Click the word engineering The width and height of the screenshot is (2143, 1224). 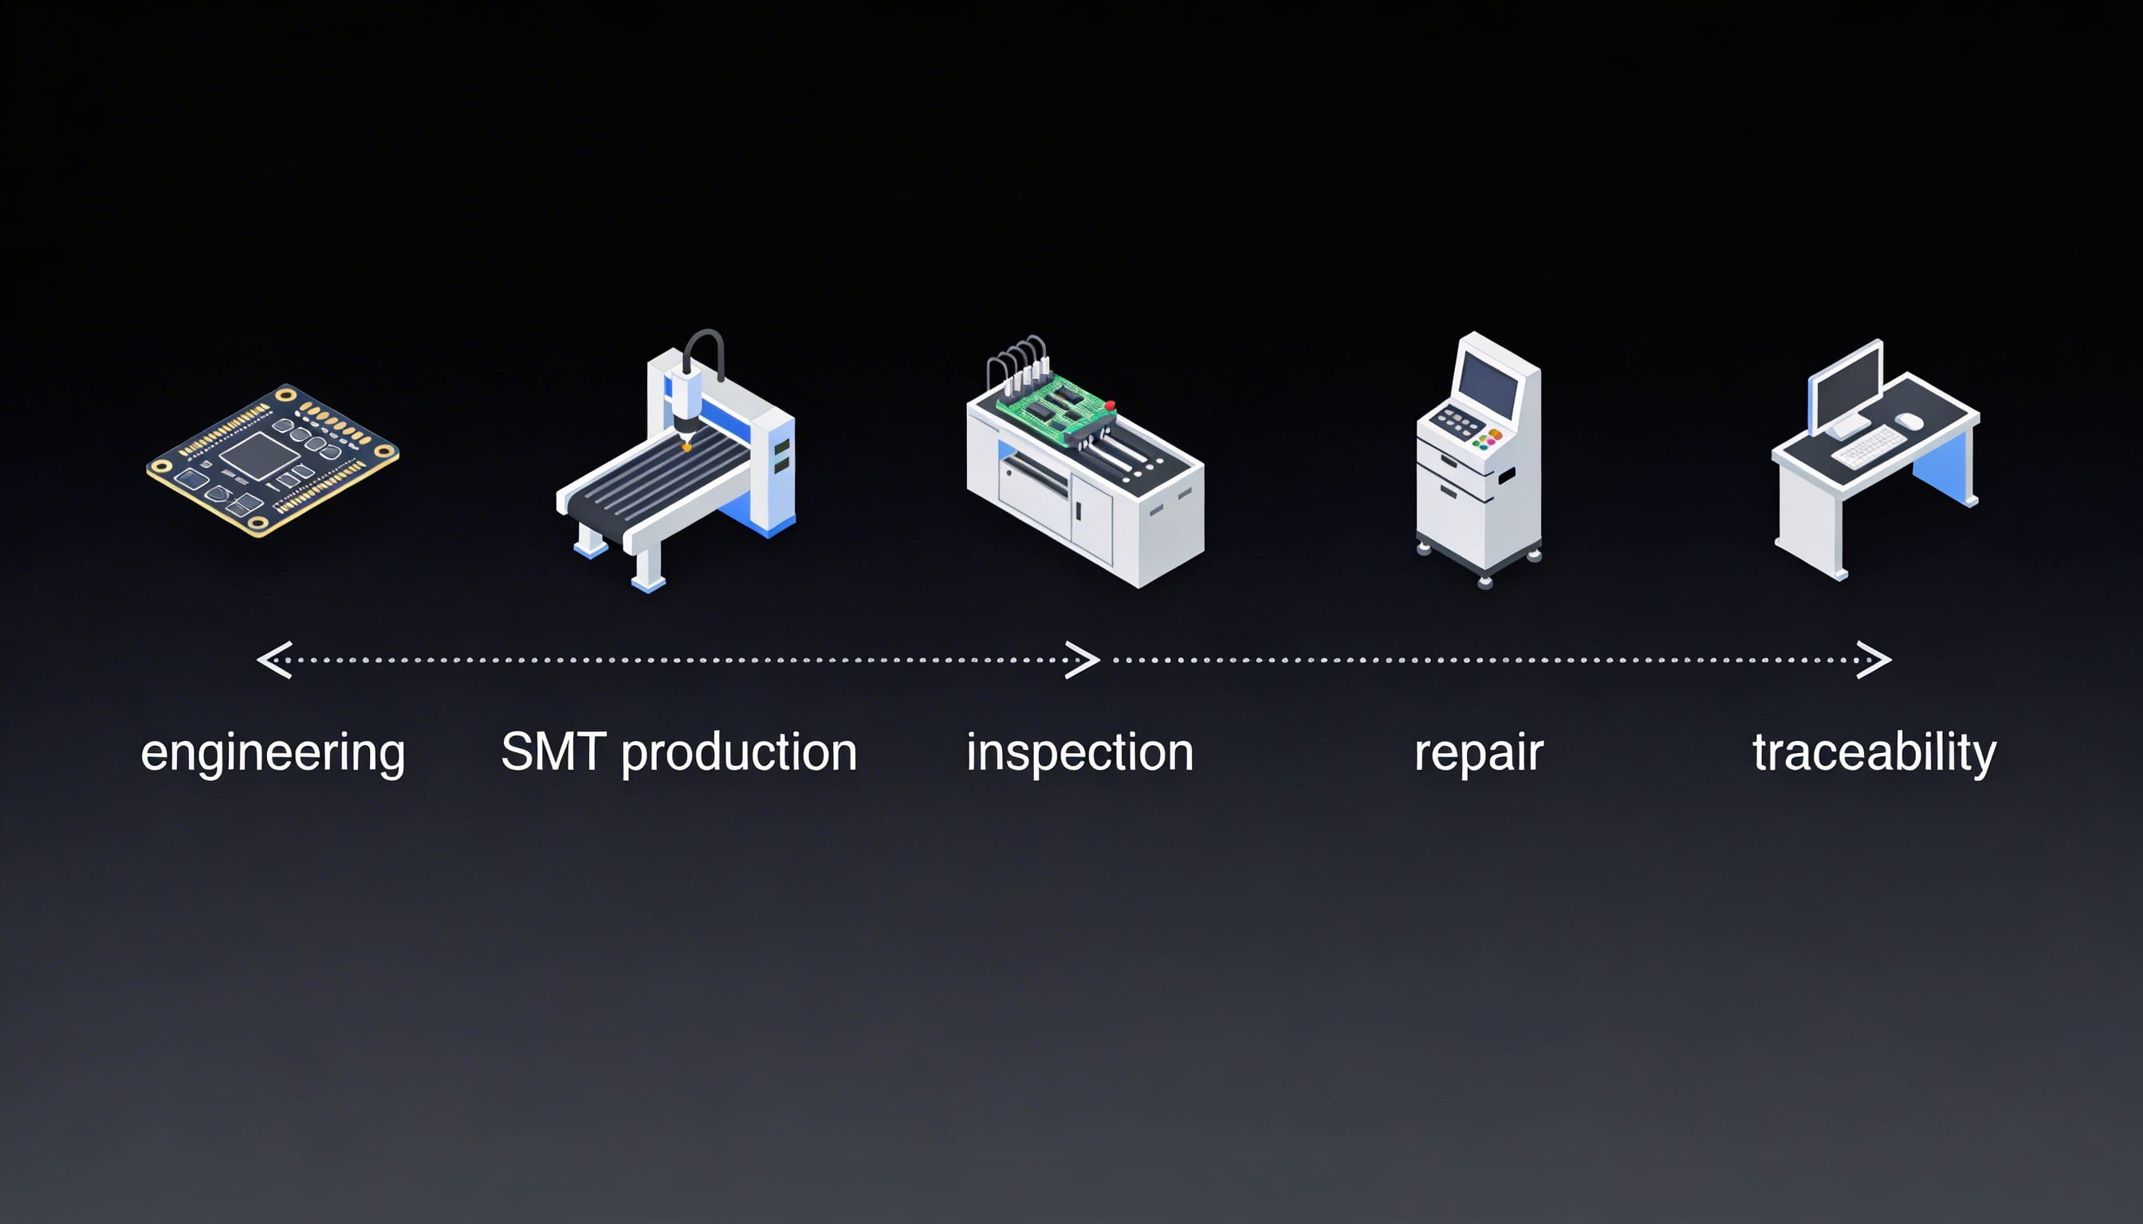pyautogui.click(x=273, y=752)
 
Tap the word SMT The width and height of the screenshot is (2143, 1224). pyautogui.click(x=552, y=751)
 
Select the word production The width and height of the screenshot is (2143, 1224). pyautogui.click(x=738, y=752)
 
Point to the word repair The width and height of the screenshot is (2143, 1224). pyautogui.click(x=1479, y=753)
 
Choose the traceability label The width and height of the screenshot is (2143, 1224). pyautogui.click(x=1874, y=753)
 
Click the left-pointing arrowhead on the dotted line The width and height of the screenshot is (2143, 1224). pyautogui.click(x=274, y=660)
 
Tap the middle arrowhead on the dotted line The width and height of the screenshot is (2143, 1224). pyautogui.click(x=1083, y=660)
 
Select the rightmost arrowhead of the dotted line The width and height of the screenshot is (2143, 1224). pyautogui.click(x=1874, y=660)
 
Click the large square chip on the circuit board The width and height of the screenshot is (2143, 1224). pyautogui.click(x=259, y=457)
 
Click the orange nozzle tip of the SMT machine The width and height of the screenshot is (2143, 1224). pyautogui.click(x=686, y=446)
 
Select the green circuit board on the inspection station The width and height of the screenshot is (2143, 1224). pyautogui.click(x=1052, y=408)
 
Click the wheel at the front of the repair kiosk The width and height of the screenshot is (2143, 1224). pyautogui.click(x=1484, y=582)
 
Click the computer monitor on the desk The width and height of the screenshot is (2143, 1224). pyautogui.click(x=1846, y=386)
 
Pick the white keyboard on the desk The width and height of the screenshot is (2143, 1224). pyautogui.click(x=1869, y=445)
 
